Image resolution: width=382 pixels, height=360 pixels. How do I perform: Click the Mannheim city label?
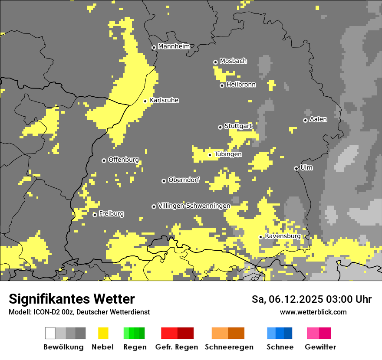click(174, 46)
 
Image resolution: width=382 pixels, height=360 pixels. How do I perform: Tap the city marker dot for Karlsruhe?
click(145, 101)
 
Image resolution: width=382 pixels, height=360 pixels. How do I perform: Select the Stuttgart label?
click(238, 126)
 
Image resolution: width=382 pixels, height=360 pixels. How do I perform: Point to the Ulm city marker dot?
click(296, 168)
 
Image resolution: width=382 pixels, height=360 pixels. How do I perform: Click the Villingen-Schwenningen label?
click(194, 206)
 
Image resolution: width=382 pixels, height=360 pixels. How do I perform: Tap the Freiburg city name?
click(111, 214)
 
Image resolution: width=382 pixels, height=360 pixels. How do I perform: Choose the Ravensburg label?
click(283, 236)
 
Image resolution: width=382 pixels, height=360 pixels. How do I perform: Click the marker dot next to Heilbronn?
click(222, 85)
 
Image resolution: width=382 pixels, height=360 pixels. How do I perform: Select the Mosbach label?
click(233, 61)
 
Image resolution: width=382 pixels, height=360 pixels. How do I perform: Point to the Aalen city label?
click(318, 119)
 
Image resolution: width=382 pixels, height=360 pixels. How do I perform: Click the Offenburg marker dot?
click(104, 160)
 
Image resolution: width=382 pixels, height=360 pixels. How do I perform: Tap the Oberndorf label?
click(184, 180)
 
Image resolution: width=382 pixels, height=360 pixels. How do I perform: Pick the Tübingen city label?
click(228, 154)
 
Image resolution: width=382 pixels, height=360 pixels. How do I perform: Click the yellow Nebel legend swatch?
click(103, 333)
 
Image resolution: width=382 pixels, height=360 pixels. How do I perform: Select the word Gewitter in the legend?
click(320, 347)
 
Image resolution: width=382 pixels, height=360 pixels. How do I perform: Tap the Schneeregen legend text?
click(229, 347)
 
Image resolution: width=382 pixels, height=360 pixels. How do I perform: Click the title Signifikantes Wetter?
click(72, 299)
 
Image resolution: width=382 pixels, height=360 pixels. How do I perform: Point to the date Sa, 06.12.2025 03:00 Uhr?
click(311, 299)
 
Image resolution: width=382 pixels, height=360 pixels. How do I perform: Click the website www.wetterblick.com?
click(313, 312)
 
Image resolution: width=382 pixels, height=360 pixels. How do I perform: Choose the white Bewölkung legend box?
click(50, 333)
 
